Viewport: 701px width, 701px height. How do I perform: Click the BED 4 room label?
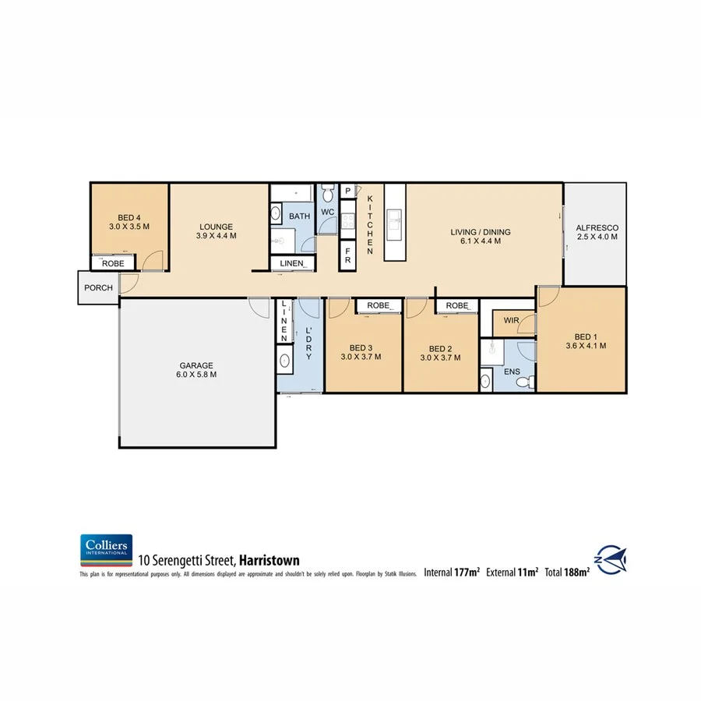coord(129,217)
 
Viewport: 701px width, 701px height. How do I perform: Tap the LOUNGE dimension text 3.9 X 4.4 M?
coord(216,235)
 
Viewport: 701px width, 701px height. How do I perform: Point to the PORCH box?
coord(98,288)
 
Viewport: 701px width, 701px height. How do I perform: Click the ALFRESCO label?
coord(597,228)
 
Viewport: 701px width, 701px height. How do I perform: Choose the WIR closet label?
coord(512,320)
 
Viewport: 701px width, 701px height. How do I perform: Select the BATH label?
coord(299,216)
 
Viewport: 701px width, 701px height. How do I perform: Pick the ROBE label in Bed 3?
coord(379,306)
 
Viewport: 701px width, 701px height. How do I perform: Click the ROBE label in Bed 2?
coord(457,306)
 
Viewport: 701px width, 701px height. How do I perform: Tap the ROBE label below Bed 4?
coord(113,263)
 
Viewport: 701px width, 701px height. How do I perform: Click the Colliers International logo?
coord(106,550)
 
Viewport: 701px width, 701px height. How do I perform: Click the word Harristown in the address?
coord(269,559)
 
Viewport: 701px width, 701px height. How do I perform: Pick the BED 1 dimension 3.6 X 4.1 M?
coord(585,345)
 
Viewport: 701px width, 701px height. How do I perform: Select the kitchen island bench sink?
coord(394,226)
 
